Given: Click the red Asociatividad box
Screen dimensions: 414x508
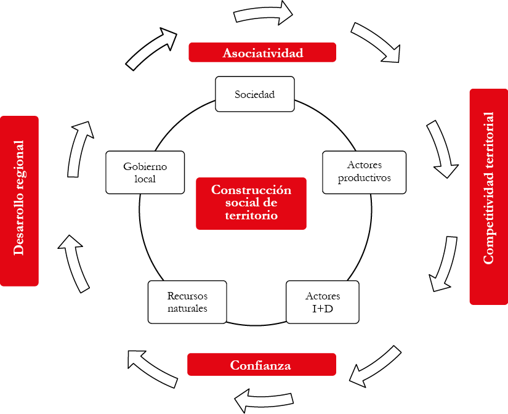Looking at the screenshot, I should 262,52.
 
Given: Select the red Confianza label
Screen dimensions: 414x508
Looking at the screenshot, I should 261,365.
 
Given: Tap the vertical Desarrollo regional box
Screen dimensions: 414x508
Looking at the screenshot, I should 20,201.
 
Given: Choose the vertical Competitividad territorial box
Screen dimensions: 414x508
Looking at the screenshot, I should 488,197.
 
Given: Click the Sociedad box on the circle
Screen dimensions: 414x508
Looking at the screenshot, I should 254,94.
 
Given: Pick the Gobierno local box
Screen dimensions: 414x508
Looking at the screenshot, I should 145,172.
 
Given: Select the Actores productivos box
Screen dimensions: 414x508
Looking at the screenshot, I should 365,172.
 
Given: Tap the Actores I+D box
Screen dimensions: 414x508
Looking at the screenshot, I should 323,302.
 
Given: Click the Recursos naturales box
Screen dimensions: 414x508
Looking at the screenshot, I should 187,302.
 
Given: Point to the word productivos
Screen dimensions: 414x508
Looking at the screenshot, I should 365,178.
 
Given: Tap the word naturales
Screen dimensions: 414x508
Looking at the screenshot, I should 187,308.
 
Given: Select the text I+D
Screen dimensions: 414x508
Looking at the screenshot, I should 323,308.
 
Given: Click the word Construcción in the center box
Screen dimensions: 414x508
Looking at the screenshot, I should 251,190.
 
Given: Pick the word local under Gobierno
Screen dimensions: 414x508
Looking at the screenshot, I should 145,179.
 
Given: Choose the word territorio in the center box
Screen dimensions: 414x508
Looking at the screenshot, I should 251,216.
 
